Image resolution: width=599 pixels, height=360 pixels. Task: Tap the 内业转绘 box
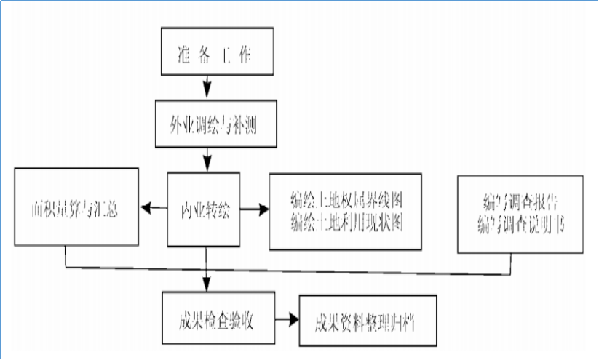204,209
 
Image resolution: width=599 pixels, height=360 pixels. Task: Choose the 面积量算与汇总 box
76,210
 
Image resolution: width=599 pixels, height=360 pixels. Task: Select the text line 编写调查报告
521,201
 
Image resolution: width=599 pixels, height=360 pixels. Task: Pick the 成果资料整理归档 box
368,321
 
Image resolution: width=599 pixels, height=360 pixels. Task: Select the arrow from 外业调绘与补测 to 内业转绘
207,158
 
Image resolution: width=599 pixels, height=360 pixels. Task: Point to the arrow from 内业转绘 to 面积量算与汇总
153,209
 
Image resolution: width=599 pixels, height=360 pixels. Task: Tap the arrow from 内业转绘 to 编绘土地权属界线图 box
254,209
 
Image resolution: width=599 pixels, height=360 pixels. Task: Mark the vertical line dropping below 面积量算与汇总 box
66,255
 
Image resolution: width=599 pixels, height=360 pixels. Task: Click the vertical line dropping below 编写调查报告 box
511,264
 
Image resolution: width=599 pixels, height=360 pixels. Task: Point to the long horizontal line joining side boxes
291,271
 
